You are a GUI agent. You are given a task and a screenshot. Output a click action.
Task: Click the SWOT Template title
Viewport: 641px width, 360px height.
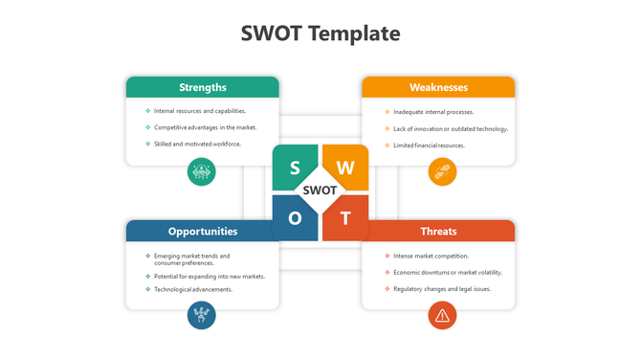point(320,34)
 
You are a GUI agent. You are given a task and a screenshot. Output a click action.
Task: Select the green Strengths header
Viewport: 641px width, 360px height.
point(203,87)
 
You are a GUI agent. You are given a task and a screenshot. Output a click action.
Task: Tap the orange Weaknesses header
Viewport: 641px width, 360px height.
point(438,87)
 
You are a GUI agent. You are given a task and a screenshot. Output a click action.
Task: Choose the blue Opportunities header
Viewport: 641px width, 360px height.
point(203,231)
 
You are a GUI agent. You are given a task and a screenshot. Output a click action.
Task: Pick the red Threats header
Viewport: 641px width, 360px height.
point(438,231)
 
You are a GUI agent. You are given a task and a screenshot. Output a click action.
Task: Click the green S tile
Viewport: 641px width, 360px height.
point(295,168)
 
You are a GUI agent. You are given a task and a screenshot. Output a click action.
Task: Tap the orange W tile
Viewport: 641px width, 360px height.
point(345,168)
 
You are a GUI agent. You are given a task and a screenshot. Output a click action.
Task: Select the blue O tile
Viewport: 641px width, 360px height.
point(295,217)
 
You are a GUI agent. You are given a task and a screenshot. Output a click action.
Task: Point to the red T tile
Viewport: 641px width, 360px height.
point(345,217)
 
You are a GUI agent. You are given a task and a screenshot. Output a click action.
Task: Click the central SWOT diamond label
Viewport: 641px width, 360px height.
point(320,191)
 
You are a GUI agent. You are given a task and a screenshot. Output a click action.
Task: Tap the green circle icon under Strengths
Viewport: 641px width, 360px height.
point(202,171)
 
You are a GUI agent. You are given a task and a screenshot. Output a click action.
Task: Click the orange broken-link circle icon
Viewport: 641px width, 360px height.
point(442,171)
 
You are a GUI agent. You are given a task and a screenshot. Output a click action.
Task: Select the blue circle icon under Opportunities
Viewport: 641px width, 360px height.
point(202,314)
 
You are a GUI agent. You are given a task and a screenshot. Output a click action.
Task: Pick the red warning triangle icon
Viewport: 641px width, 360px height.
point(442,314)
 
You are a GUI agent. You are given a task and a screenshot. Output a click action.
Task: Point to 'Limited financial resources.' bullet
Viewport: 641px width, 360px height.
point(429,146)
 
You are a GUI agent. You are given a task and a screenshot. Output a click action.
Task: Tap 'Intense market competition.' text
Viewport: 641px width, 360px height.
point(431,256)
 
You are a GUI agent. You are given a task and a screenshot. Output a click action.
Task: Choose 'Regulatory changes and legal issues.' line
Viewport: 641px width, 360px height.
point(442,288)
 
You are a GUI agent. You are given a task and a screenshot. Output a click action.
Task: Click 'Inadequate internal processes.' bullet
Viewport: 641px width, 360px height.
point(433,112)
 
